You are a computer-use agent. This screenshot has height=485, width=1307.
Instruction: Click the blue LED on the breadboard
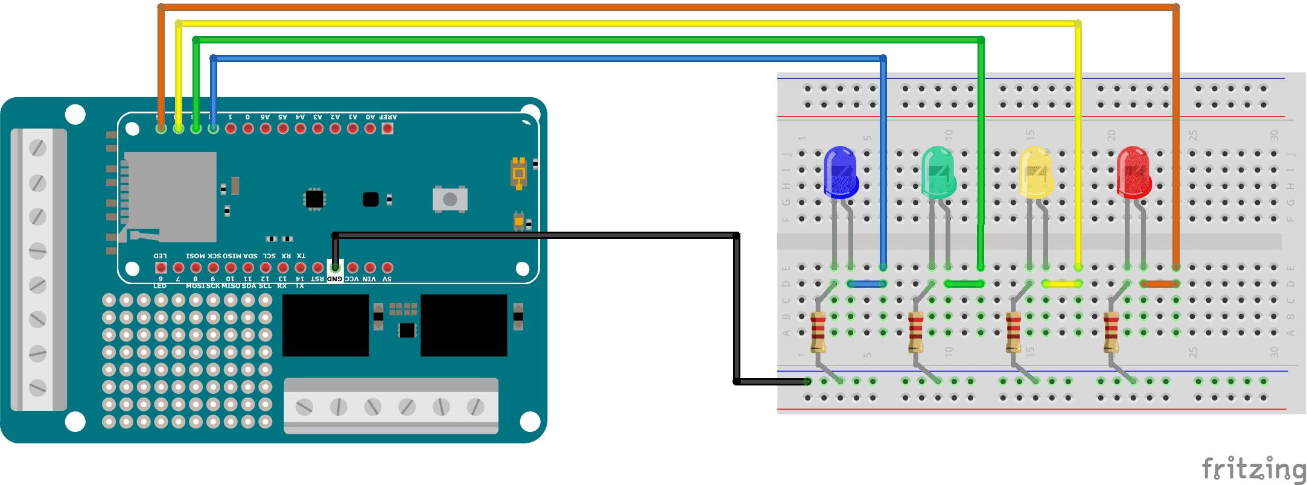coord(841,173)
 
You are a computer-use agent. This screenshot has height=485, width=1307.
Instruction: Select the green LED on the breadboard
coord(938,173)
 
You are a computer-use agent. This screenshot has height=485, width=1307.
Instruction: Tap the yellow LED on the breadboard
coord(1036,173)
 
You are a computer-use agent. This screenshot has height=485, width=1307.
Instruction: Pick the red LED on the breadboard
coord(1134,173)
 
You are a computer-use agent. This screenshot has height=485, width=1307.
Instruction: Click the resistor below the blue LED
coord(818,332)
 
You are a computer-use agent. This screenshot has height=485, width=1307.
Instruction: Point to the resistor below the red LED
coord(1111,332)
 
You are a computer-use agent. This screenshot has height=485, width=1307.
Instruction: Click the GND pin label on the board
coord(335,279)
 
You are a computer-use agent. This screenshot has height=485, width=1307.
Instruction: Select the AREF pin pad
coord(387,128)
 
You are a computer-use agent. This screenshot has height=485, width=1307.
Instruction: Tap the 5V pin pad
coord(387,267)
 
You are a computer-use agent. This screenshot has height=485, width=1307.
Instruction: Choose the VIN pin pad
coord(370,267)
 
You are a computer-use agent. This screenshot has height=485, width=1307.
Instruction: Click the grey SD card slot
coord(170,197)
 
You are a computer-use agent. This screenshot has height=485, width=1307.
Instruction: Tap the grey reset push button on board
coord(450,199)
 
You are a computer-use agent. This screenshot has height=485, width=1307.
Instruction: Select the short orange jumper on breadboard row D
coord(1160,284)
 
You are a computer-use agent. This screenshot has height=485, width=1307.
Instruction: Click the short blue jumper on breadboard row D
coord(867,284)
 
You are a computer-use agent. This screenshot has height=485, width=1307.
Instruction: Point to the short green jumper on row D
coord(964,284)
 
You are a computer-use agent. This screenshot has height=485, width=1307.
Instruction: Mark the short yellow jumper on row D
coord(1062,284)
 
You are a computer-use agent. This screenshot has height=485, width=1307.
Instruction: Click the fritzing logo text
coord(1253,469)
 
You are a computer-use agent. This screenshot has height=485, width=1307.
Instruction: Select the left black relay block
coord(326,325)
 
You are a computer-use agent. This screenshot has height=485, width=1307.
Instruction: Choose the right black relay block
coord(463,325)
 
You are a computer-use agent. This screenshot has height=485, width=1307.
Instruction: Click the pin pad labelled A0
coord(370,128)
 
